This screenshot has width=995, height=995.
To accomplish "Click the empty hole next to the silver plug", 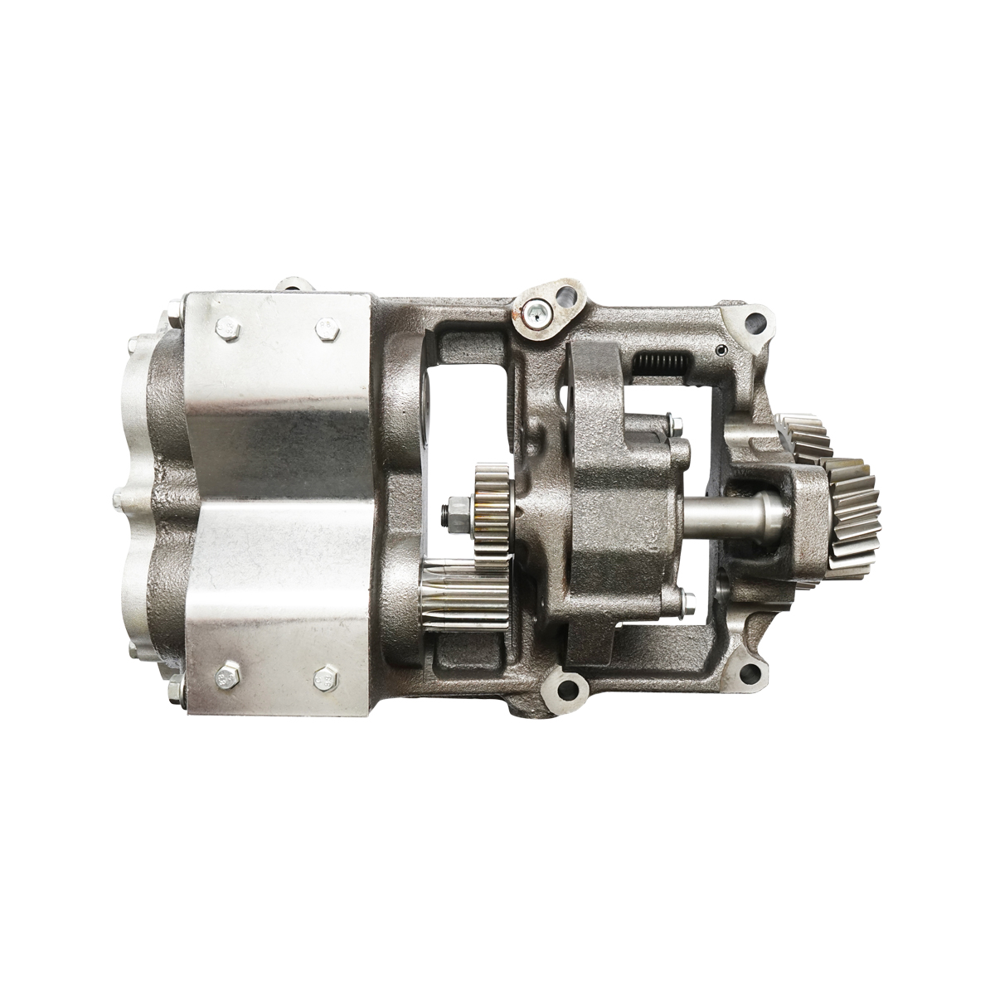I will (x=567, y=296).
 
